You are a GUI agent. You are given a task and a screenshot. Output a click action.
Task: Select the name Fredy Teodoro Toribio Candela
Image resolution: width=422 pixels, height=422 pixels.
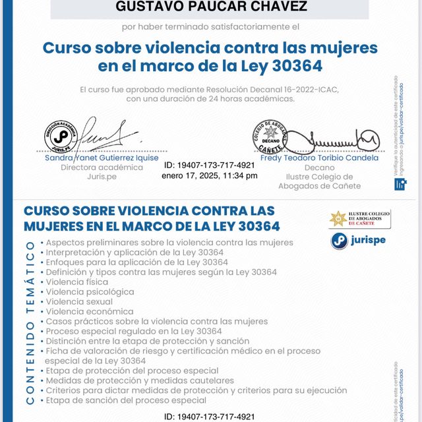[x=319, y=158]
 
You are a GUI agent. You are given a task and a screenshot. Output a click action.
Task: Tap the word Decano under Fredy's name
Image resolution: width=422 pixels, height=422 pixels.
[x=319, y=167]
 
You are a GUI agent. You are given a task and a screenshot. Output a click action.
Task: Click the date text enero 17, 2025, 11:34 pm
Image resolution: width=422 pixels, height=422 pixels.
[x=209, y=175]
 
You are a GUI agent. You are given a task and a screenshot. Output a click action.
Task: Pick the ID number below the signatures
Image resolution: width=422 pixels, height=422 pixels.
[x=209, y=166]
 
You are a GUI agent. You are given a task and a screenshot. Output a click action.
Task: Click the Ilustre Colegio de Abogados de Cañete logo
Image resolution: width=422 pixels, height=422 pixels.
[x=359, y=219]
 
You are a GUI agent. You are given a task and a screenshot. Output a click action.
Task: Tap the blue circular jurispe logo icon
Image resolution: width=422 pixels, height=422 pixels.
[x=339, y=241]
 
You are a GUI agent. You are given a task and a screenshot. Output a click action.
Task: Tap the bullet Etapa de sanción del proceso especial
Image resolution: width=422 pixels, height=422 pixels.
[x=126, y=400]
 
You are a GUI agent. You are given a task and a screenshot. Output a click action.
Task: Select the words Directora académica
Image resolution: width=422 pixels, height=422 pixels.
[x=102, y=167]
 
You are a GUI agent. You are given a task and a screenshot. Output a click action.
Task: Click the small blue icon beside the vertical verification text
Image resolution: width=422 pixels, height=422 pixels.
[x=400, y=184]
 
